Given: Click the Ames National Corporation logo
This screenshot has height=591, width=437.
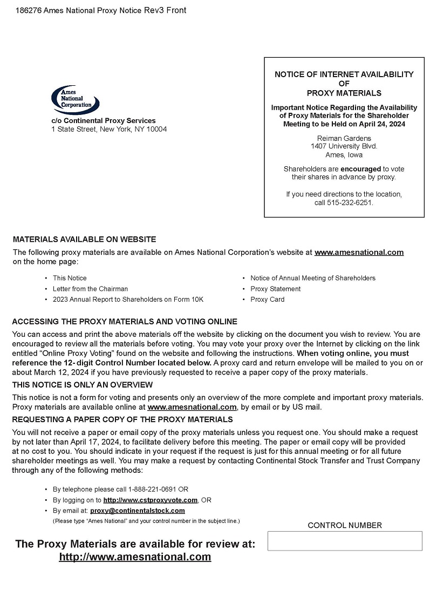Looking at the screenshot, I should point(76,99).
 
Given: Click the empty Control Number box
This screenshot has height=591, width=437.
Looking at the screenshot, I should point(345,541).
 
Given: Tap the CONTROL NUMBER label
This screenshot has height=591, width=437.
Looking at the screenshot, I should point(345,525).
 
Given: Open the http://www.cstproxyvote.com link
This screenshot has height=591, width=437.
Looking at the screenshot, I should point(150,500).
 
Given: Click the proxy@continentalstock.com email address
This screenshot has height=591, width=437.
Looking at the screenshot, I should point(137,511).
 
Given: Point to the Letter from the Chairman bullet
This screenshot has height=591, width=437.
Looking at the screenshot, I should point(90,289).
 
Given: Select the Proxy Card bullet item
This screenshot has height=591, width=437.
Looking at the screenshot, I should point(267,300).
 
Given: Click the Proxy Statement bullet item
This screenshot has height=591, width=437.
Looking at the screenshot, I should point(275,289).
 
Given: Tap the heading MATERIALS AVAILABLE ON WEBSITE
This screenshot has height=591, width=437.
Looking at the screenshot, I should point(84,239).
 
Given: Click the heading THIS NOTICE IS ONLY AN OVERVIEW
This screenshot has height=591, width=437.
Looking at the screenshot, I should point(82,385).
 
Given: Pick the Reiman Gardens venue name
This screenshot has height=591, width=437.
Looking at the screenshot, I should point(344,138).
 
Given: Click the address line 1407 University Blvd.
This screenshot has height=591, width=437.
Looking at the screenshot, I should point(344,146).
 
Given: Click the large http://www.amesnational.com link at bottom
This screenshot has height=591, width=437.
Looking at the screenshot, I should point(135,557).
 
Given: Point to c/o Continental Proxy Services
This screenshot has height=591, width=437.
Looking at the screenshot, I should point(103,121).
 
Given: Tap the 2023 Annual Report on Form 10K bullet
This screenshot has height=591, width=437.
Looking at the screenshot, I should point(128,300).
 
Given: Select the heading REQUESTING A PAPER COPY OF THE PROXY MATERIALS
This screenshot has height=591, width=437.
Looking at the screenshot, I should point(122,419).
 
